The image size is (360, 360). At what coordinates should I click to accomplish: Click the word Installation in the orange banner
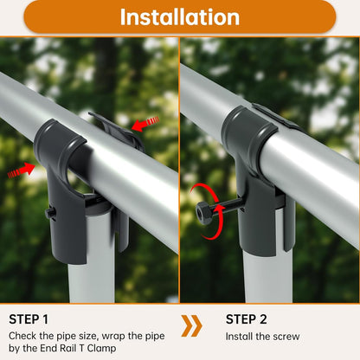[180, 17]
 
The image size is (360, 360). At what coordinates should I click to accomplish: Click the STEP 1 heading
[29, 319]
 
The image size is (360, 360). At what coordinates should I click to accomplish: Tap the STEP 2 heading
[246, 319]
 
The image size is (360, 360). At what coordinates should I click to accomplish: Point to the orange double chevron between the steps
[191, 326]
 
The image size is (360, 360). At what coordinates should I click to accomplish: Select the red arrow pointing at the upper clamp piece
[145, 124]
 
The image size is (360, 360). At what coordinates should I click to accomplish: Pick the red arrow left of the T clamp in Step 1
[21, 170]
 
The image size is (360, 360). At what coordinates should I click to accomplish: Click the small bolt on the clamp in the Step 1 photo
[50, 214]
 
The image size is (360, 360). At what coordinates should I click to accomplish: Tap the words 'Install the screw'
[262, 337]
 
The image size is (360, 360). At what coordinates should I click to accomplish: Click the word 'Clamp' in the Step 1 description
[101, 348]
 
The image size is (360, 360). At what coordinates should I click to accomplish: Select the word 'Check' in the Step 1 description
[22, 336]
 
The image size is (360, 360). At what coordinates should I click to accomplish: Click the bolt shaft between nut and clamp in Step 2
[228, 206]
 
